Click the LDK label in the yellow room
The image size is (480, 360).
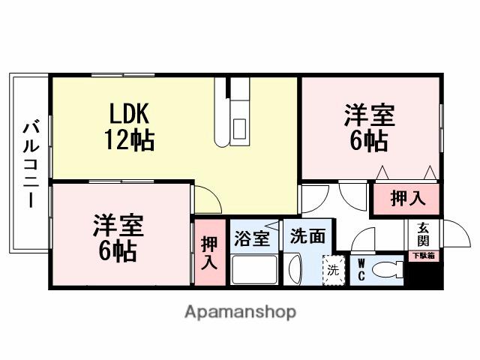[x=131, y=114]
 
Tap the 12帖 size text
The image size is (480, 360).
[x=129, y=139]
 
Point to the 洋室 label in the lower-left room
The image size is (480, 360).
[x=118, y=225]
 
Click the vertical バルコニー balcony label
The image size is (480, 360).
[x=30, y=163]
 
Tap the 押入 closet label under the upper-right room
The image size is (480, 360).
[x=409, y=199]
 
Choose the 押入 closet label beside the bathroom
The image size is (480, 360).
[x=210, y=252]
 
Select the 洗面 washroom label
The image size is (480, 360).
[x=308, y=235]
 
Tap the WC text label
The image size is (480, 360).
[x=361, y=270]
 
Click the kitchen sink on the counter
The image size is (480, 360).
[x=240, y=127]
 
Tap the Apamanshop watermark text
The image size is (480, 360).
[x=239, y=311]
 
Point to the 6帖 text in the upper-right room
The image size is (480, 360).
[x=369, y=140]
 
